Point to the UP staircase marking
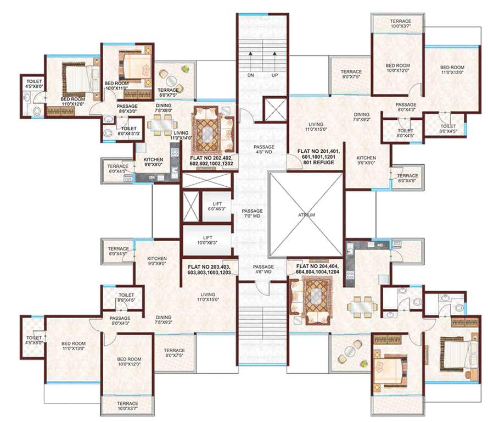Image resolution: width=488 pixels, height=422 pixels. click(274, 75)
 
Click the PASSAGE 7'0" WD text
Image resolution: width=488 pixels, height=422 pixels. click(252, 213)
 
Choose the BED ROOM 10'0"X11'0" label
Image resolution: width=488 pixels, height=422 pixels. click(116, 85)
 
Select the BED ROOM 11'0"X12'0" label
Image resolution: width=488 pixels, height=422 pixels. click(72, 101)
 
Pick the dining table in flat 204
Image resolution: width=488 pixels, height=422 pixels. click(362, 304)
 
